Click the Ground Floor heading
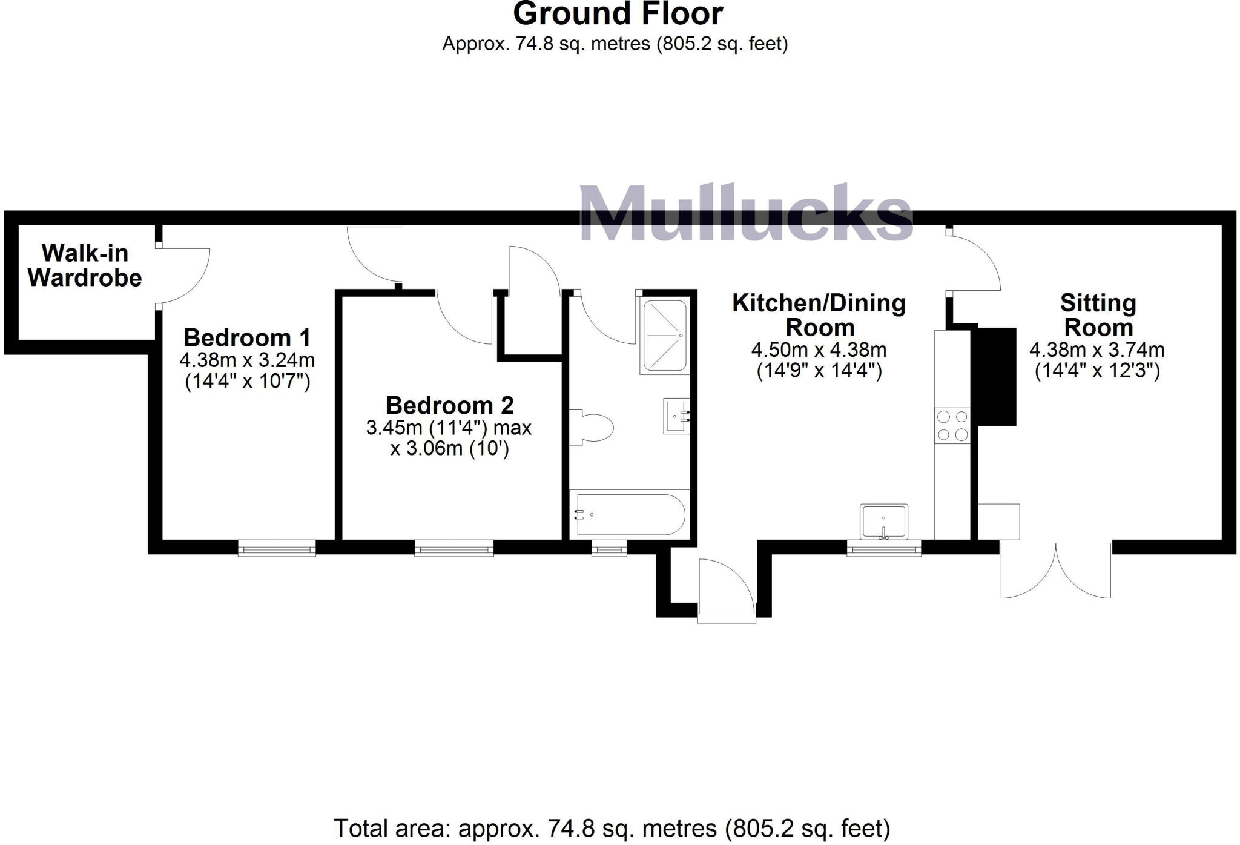tap(618, 14)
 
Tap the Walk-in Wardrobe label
tap(85, 265)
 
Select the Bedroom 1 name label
tap(247, 337)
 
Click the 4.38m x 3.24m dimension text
tap(247, 360)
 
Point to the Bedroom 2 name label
tap(449, 405)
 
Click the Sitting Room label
tap(1098, 315)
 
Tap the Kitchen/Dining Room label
tap(819, 315)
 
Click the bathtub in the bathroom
tap(630, 514)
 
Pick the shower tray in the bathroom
tap(664, 335)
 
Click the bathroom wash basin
tap(676, 416)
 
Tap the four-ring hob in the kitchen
tap(952, 426)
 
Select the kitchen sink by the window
tap(883, 522)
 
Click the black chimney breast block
tap(995, 376)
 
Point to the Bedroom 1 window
tap(277, 549)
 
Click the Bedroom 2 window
tap(453, 549)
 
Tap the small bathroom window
tap(609, 549)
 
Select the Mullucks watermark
tap(746, 213)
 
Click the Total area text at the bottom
tap(612, 827)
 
